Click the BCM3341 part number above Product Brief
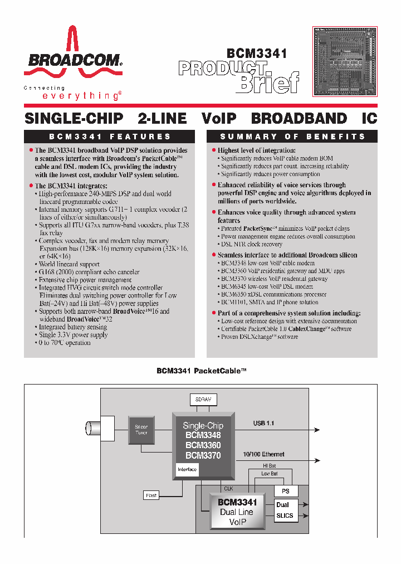(x=257, y=54)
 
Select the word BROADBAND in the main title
(x=299, y=118)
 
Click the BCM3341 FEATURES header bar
(x=110, y=137)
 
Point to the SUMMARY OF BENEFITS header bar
(x=292, y=137)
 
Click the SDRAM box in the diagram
(x=203, y=400)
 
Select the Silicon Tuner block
(x=141, y=430)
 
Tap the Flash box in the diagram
(x=151, y=495)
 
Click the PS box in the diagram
(x=286, y=491)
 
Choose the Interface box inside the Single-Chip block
(x=187, y=469)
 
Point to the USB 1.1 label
(x=263, y=424)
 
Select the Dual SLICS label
(x=285, y=510)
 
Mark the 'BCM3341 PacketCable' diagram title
(x=201, y=371)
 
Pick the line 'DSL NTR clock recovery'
(x=252, y=244)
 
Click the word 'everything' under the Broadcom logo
(x=81, y=96)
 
